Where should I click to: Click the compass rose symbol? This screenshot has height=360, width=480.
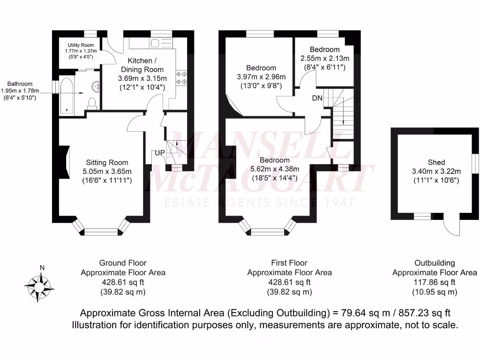pyautogui.click(x=40, y=284)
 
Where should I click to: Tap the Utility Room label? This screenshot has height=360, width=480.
pyautogui.click(x=81, y=45)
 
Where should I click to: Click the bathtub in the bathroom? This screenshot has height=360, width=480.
pyautogui.click(x=67, y=96)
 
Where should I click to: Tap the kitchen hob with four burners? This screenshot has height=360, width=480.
pyautogui.click(x=181, y=78)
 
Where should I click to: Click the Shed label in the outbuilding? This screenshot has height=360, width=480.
pyautogui.click(x=436, y=162)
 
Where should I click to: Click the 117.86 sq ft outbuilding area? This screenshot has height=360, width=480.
pyautogui.click(x=435, y=282)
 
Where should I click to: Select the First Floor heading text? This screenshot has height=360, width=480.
pyautogui.click(x=289, y=263)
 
